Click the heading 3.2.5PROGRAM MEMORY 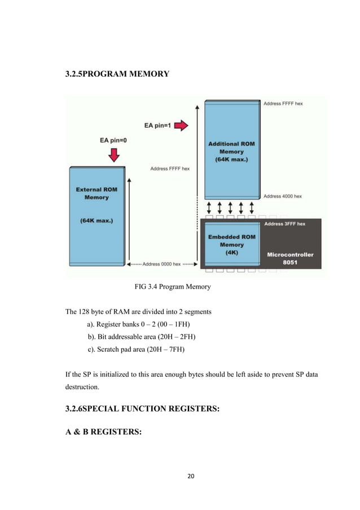point(117,73)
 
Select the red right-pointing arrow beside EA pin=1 point(181,125)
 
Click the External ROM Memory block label point(96,193)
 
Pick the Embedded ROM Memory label point(231,241)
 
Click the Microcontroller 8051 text point(290,259)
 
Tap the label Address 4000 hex point(283,197)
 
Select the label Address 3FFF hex point(285,224)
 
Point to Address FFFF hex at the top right point(283,103)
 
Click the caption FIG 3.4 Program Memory point(172,287)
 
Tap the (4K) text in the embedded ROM point(232,252)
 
